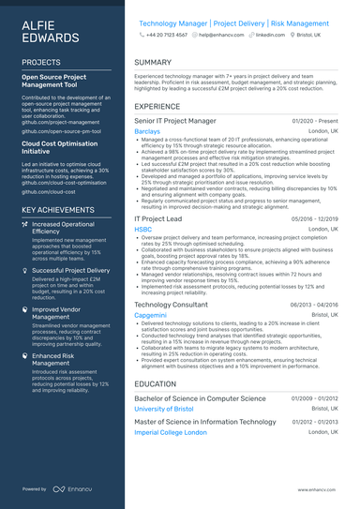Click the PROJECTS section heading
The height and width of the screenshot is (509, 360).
pyautogui.click(x=41, y=62)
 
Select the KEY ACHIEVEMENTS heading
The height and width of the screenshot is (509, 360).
pyautogui.click(x=58, y=210)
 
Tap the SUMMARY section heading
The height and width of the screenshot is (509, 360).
pyautogui.click(x=153, y=62)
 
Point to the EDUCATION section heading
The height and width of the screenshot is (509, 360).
pyautogui.click(x=156, y=384)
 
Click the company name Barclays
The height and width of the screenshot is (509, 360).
pyautogui.click(x=147, y=133)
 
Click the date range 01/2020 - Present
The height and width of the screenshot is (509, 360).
pyautogui.click(x=315, y=122)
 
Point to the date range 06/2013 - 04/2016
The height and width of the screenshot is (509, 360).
pyautogui.click(x=313, y=306)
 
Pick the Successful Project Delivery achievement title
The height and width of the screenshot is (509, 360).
pyautogui.click(x=70, y=270)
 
